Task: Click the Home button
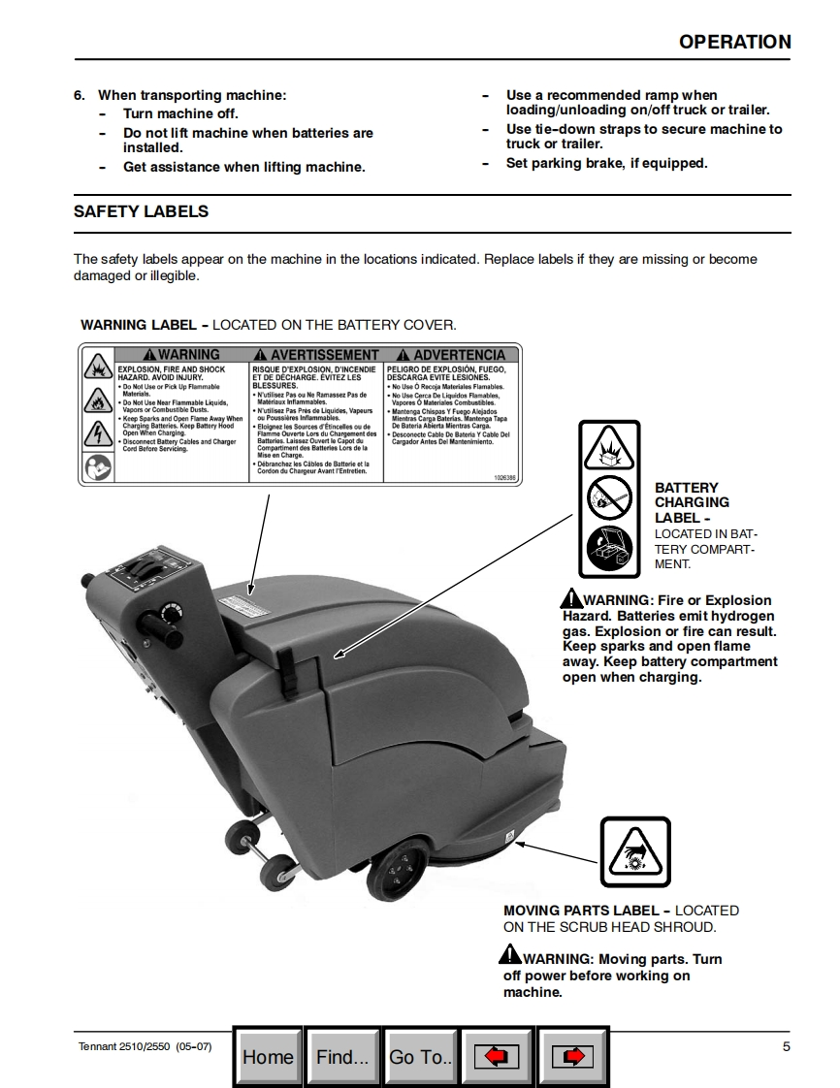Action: [268, 1056]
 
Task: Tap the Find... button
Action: [342, 1056]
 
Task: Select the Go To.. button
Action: [420, 1056]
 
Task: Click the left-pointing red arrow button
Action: [496, 1056]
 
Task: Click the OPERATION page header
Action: [734, 42]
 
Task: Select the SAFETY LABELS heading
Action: [141, 211]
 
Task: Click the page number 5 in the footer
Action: [786, 1046]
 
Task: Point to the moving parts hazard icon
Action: [635, 851]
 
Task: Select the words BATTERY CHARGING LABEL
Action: [692, 502]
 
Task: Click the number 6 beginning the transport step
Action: [79, 95]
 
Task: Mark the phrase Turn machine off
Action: [180, 113]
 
